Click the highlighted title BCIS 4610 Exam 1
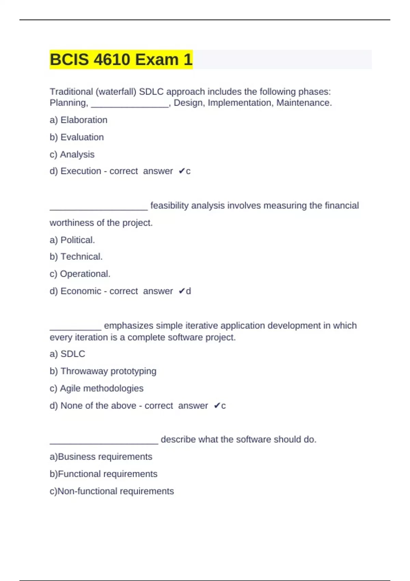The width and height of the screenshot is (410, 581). coord(121,59)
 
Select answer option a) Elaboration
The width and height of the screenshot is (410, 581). coord(79,120)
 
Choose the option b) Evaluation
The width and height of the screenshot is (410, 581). coord(77,137)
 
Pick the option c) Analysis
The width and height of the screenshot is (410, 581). coord(72,154)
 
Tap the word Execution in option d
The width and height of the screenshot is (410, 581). coord(81,171)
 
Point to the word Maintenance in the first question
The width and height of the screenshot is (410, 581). coord(304,103)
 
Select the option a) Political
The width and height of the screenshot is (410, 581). coord(72,240)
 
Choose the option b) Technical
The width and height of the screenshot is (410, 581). coord(76,257)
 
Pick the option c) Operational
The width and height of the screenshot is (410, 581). coord(80,274)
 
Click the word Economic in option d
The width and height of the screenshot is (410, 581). coord(81,291)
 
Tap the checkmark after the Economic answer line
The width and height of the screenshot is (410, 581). coord(182,291)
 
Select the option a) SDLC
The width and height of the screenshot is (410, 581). coord(67,354)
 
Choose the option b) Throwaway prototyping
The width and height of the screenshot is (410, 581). coord(103,371)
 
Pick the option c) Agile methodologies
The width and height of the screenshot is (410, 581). coord(97,388)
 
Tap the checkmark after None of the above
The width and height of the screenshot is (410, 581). coord(217,406)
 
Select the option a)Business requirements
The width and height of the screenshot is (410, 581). coord(101,457)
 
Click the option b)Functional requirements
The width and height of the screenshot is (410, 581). coord(104,474)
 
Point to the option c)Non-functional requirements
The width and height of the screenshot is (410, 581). coord(112,491)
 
